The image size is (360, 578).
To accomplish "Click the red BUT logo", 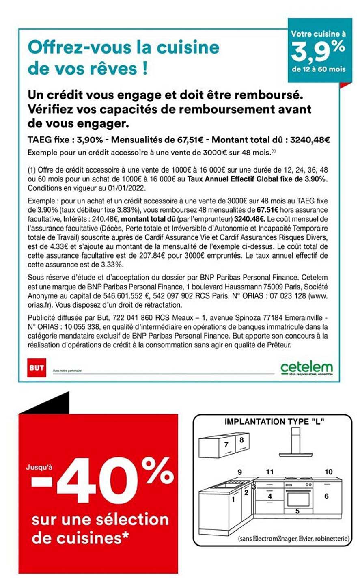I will tap(36, 368).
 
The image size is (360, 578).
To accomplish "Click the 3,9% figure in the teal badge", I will tap(319, 51).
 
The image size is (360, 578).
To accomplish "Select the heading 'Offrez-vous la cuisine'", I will tap(123, 47).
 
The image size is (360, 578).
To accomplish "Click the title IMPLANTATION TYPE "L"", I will tap(274, 422).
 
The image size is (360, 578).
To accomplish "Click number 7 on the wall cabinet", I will tap(226, 444).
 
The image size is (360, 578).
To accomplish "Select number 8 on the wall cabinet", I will tap(241, 440).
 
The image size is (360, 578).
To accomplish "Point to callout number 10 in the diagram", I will tap(329, 472).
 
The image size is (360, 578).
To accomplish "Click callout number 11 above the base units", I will tap(270, 472).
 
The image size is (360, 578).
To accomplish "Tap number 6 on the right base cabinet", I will tap(326, 496).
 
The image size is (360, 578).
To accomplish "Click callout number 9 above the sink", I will tap(240, 472).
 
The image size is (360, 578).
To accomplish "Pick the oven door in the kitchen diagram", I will tap(298, 498).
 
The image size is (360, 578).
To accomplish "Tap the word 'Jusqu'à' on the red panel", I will tap(39, 467).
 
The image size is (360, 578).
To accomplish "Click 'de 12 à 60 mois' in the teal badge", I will tap(319, 69).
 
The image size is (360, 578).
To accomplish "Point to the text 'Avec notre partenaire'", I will tap(67, 371).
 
